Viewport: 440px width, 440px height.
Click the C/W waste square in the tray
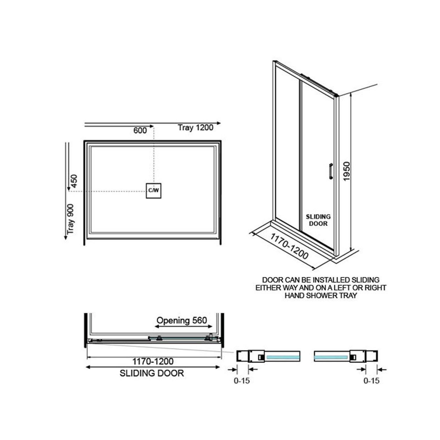(x=154, y=191)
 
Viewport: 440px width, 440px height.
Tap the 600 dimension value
(x=140, y=130)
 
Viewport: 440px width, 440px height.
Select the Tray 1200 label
(x=196, y=128)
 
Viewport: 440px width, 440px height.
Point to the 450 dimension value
(x=74, y=181)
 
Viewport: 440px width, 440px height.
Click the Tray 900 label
(x=71, y=219)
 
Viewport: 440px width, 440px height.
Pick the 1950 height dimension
(x=347, y=171)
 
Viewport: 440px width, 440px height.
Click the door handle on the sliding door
(x=331, y=171)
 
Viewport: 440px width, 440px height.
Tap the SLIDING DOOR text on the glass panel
(x=318, y=220)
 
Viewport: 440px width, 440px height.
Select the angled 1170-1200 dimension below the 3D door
(x=289, y=246)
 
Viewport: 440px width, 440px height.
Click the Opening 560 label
(x=182, y=320)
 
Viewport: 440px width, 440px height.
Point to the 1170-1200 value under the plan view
(x=153, y=361)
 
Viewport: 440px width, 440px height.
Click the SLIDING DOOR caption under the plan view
(x=152, y=373)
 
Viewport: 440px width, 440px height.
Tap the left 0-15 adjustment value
(x=242, y=380)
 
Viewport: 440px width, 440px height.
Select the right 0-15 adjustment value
(x=371, y=380)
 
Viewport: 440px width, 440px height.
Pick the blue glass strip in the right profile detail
(x=331, y=357)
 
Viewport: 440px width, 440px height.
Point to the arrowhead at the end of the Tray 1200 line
(x=218, y=123)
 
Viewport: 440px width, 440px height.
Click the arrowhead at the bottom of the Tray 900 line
(x=66, y=238)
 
